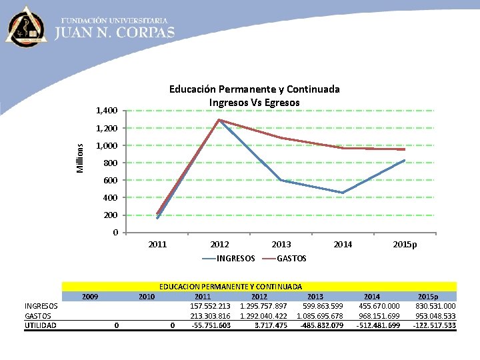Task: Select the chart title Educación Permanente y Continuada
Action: (x=254, y=89)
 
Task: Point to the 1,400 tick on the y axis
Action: (x=107, y=111)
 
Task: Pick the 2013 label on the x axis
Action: (x=281, y=245)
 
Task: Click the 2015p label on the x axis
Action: (x=405, y=245)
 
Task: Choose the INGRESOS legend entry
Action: (x=235, y=258)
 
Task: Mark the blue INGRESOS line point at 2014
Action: (x=343, y=193)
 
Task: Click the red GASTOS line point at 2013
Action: (x=281, y=138)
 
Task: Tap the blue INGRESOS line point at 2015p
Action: (x=405, y=160)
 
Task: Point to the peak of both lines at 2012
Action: (x=219, y=120)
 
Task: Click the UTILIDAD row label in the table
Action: (x=41, y=325)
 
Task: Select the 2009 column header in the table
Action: (x=91, y=296)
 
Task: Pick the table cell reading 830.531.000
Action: (x=435, y=306)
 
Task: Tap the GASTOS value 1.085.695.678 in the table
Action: (x=319, y=316)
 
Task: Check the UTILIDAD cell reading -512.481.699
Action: (x=378, y=325)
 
